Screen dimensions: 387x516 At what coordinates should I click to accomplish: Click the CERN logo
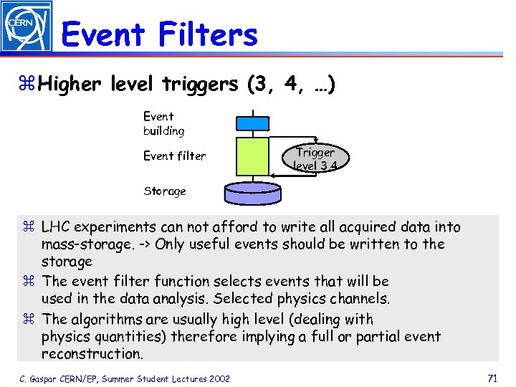click(x=27, y=26)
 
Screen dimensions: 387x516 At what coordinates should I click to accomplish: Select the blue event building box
click(x=252, y=123)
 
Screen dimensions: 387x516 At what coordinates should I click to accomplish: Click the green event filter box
click(x=252, y=157)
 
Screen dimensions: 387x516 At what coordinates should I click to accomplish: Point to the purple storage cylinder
click(x=252, y=192)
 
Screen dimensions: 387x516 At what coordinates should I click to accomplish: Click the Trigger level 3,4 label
click(x=315, y=158)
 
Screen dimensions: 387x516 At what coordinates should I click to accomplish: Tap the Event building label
click(x=163, y=123)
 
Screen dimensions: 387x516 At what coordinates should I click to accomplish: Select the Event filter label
click(x=174, y=156)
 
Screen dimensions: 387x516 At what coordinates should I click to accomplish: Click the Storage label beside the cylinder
click(x=164, y=191)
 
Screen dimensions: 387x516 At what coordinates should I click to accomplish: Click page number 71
click(x=492, y=378)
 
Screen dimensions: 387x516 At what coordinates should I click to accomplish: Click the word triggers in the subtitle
click(x=200, y=84)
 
